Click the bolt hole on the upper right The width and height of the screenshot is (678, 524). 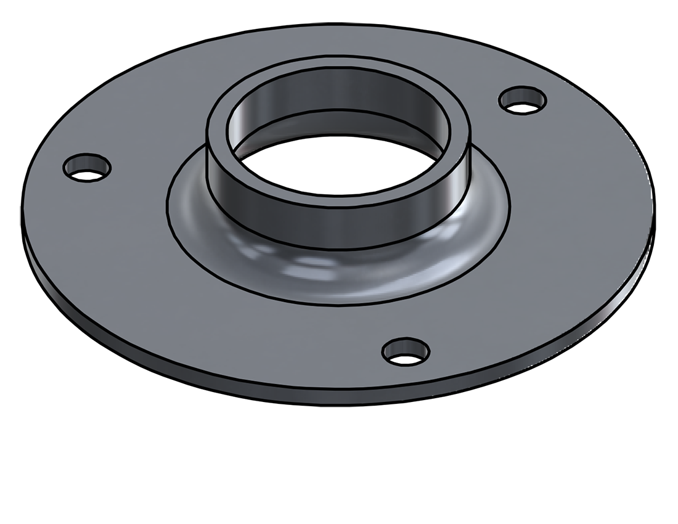(523, 100)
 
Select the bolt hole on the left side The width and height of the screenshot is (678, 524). (87, 167)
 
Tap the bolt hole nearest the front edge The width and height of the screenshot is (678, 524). (406, 351)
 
